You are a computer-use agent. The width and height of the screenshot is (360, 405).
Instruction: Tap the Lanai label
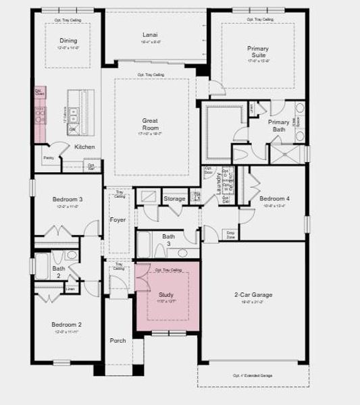tap(150, 35)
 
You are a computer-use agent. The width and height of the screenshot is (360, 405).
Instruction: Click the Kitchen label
tap(84, 147)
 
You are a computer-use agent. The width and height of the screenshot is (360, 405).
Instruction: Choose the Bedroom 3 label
tap(68, 199)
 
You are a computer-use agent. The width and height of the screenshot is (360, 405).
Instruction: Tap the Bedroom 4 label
tap(274, 199)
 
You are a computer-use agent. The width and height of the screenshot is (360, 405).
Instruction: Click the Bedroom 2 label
tap(67, 325)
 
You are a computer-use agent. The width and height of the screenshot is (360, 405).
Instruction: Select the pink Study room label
tap(166, 295)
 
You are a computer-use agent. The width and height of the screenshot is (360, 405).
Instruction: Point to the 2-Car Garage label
tap(253, 295)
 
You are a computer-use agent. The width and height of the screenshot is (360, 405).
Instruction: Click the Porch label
tap(118, 340)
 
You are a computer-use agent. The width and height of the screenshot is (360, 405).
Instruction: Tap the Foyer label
tap(118, 219)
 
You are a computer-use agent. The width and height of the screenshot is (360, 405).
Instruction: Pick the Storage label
tap(174, 199)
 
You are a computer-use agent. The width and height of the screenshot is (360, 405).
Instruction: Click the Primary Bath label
tap(278, 126)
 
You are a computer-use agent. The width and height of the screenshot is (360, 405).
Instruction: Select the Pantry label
tap(49, 158)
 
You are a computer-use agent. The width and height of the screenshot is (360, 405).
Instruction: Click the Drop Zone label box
tap(230, 234)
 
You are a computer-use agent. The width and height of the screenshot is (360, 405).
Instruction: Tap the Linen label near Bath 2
tap(70, 289)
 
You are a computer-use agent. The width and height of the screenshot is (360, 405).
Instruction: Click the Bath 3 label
tap(168, 240)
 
